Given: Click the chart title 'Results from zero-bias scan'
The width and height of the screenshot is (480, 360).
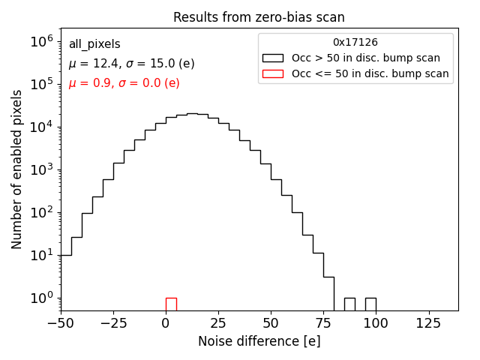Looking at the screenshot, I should click(259, 17).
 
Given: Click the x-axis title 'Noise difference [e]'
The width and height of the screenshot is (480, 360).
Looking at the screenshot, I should click(259, 341).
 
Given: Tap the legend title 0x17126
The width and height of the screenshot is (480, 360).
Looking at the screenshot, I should click(355, 43).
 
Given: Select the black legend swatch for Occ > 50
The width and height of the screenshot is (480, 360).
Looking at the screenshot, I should click(273, 58).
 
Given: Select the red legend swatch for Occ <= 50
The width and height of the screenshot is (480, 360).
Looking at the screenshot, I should click(273, 73).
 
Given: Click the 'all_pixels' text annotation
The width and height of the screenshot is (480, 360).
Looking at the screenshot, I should click(94, 44).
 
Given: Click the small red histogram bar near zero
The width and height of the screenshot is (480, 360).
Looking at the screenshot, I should click(171, 304).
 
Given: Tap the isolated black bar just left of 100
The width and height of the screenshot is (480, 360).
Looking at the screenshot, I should click(370, 304).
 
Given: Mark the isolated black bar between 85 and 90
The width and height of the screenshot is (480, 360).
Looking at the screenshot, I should click(349, 304).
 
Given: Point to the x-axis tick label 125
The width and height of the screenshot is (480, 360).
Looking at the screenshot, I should click(429, 324).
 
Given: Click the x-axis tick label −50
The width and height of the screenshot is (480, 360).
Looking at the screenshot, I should click(61, 324).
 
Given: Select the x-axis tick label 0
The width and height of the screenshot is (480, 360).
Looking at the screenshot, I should click(166, 324).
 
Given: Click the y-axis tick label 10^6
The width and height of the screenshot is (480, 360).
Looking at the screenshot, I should click(40, 41).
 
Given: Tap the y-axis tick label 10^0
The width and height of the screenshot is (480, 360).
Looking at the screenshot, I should click(40, 298).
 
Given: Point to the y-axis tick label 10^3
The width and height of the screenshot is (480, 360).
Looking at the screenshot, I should click(40, 169).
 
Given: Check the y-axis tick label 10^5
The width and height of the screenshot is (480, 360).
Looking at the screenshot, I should click(40, 84).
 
